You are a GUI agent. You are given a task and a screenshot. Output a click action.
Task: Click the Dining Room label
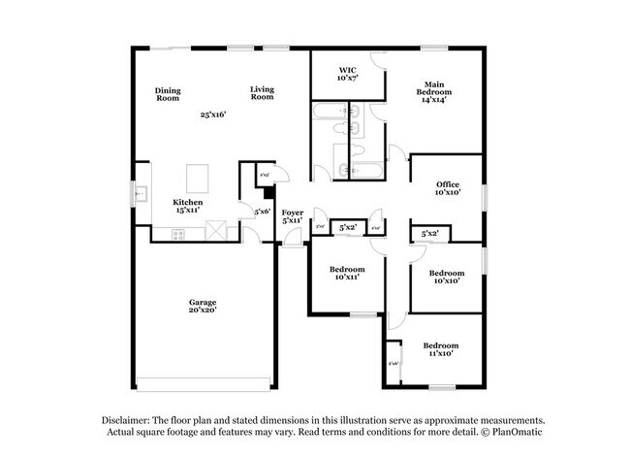[x=168, y=94]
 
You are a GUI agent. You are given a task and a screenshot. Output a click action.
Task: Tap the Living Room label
[x=262, y=93]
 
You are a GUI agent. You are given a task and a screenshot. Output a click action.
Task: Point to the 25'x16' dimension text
[x=213, y=115]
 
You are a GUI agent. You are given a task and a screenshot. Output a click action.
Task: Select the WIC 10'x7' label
[x=347, y=74]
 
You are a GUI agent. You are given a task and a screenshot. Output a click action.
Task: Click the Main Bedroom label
[x=433, y=90]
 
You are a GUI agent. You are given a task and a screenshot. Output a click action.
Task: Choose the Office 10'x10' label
[x=447, y=188]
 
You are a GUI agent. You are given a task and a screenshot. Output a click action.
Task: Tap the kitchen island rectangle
[x=198, y=178]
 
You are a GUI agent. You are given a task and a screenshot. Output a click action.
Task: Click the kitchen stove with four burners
[x=178, y=233]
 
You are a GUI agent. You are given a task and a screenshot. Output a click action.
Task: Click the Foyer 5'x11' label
[x=293, y=216]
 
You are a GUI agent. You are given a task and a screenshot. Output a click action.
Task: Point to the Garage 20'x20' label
[x=203, y=307]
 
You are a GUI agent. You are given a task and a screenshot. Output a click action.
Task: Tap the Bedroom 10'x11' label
[x=346, y=273]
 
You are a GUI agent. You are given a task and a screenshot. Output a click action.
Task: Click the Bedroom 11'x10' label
[x=440, y=349]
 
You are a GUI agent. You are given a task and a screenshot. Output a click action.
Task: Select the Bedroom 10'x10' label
[x=446, y=277]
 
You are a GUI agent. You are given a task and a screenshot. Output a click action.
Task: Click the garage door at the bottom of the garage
[x=203, y=381]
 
